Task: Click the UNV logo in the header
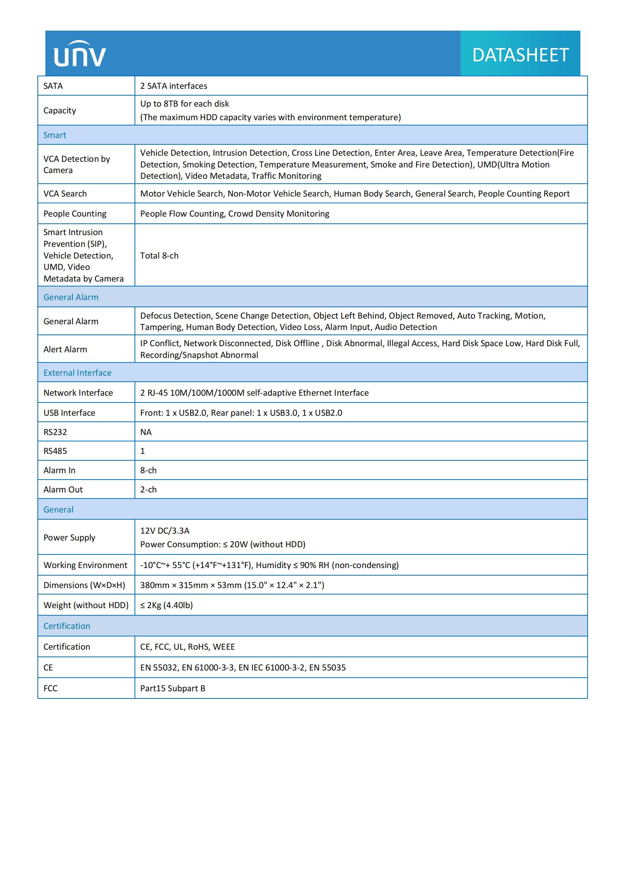coord(80,54)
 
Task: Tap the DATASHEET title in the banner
coord(520,55)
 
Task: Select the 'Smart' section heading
coord(55,135)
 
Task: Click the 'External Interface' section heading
coord(77,373)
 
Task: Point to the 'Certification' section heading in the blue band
coord(67,626)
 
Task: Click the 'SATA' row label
coord(53,86)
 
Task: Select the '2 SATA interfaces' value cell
coord(173,86)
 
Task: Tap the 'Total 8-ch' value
coord(159,255)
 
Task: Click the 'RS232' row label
coord(55,432)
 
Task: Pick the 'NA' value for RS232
coord(146,432)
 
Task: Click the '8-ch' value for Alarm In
coord(148,470)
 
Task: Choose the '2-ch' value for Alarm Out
coord(148,489)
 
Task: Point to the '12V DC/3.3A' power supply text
coord(165,531)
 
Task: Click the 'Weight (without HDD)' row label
coord(86,605)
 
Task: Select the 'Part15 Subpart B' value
coord(172,688)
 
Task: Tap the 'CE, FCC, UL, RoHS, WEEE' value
coord(187,647)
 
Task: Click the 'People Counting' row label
coord(75,214)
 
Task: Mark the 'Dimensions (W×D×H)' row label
coord(84,585)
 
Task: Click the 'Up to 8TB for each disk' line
coord(184,104)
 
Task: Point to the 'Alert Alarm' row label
coord(65,349)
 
